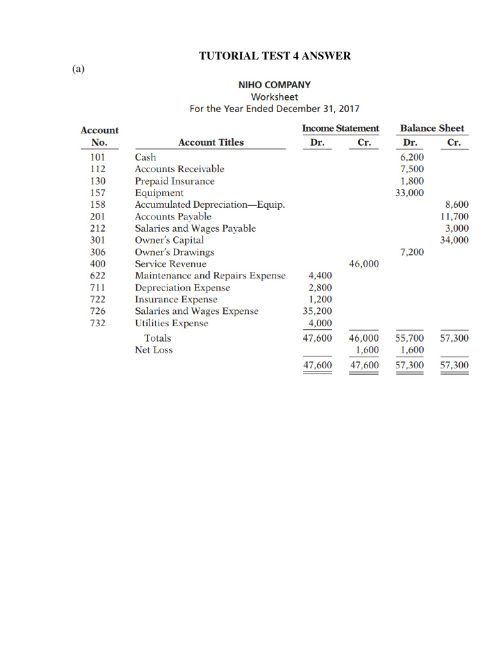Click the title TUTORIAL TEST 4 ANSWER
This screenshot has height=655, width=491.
coord(275,56)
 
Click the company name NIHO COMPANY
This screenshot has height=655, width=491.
coord(274,84)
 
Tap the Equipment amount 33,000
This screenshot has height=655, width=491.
coord(410,193)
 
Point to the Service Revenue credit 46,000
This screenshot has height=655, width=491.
coord(364,264)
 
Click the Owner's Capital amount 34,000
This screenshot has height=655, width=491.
coord(455,241)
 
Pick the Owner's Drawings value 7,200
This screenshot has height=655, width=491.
coord(412,252)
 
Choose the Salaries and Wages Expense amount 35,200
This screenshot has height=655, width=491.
coord(317,312)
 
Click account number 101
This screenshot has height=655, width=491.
coord(94,157)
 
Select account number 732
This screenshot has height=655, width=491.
coord(94,323)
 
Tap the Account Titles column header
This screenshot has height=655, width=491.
coord(211,143)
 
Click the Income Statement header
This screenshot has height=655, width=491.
coord(340,129)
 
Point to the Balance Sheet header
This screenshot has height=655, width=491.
coord(432,129)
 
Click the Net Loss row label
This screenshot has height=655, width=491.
coord(153,350)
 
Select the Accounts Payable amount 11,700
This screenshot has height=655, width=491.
coord(455,217)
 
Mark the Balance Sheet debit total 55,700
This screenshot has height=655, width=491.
coord(410,338)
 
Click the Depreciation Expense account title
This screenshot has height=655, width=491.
coord(182,288)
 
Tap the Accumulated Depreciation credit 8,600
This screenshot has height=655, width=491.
coord(456,205)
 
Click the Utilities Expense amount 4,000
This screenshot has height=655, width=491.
coord(320,323)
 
